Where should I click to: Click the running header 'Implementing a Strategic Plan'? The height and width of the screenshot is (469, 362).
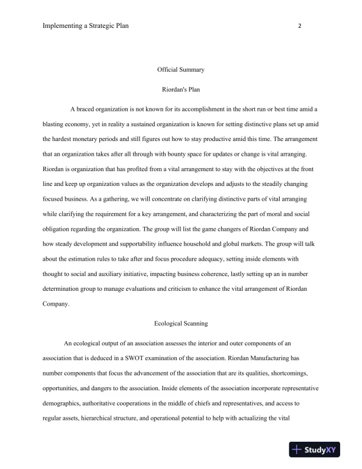(x=86, y=26)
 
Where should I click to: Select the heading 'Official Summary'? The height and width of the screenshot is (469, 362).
(x=180, y=70)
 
